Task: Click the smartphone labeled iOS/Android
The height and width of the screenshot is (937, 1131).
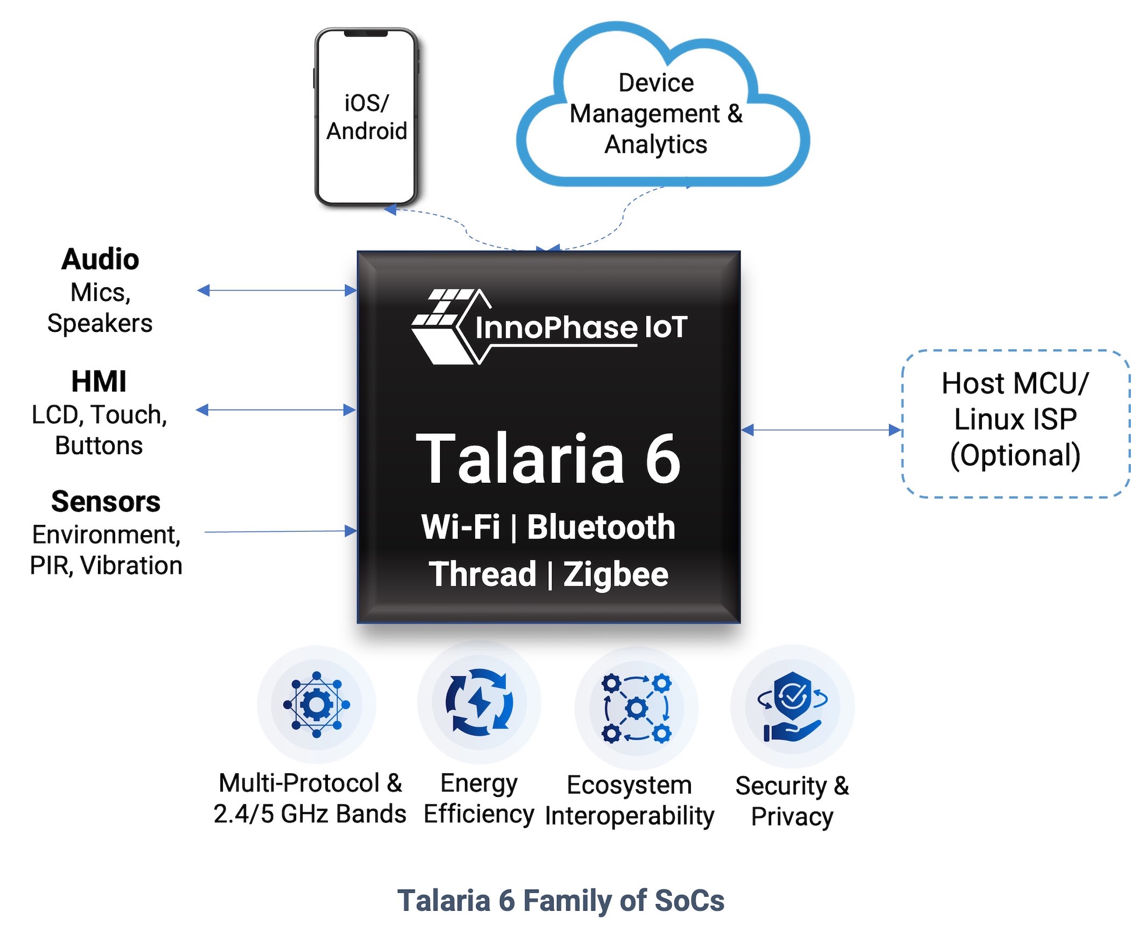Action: pyautogui.click(x=366, y=117)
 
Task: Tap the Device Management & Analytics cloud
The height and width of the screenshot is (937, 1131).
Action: pyautogui.click(x=663, y=104)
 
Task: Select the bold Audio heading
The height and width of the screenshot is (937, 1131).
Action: pyautogui.click(x=100, y=259)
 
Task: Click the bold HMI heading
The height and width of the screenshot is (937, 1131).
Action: pyautogui.click(x=99, y=381)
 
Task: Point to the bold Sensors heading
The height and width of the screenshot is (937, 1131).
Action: pyautogui.click(x=106, y=502)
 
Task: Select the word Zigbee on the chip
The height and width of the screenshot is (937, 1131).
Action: pyautogui.click(x=616, y=574)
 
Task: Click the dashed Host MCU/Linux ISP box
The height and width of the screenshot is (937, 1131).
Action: pyautogui.click(x=1016, y=424)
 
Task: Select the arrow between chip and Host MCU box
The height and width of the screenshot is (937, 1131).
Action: pyautogui.click(x=821, y=430)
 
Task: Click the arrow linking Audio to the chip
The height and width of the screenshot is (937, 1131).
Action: pyautogui.click(x=277, y=290)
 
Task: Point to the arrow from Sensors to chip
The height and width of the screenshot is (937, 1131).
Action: pyautogui.click(x=281, y=531)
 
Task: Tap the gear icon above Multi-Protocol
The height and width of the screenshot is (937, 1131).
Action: pyautogui.click(x=317, y=704)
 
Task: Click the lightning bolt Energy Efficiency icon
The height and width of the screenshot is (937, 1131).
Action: pyautogui.click(x=479, y=702)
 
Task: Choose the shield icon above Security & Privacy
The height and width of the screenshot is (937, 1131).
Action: pyautogui.click(x=792, y=706)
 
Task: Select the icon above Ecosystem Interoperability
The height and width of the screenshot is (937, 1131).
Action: pyautogui.click(x=636, y=708)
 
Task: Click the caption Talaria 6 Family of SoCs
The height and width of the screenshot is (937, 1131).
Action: pyautogui.click(x=561, y=900)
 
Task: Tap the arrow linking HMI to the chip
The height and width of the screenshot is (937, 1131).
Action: pyautogui.click(x=275, y=410)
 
